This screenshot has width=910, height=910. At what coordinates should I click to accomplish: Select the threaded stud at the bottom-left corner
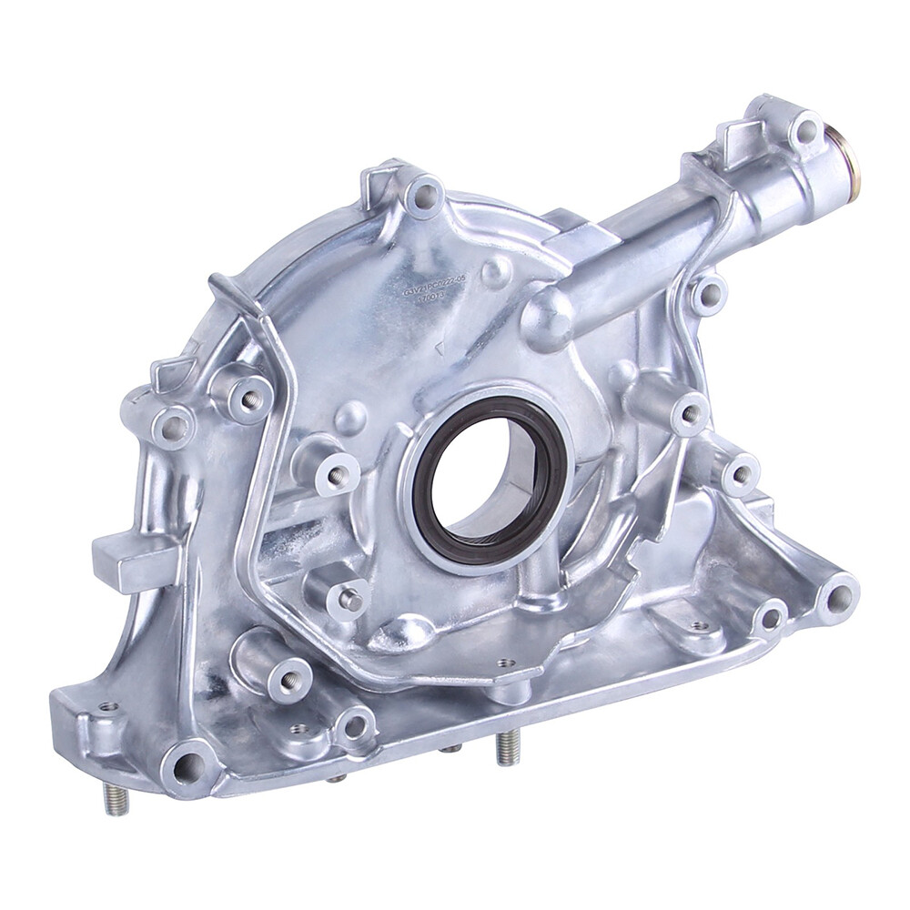(116, 798)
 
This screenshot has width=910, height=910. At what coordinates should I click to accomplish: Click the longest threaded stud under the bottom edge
(508, 746)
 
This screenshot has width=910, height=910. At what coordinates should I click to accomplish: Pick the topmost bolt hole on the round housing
(423, 194)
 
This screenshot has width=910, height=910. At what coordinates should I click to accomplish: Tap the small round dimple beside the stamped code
(496, 271)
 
